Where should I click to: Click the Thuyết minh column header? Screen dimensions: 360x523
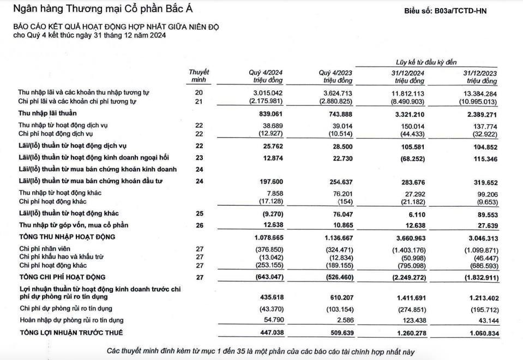[x=199, y=76]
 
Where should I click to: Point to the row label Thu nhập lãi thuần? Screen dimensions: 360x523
[x=47, y=113]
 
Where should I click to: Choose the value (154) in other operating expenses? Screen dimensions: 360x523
[x=344, y=201]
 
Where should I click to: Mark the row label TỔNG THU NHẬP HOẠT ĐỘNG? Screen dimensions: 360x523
[x=68, y=237]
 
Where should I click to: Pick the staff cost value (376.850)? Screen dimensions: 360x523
[x=268, y=249]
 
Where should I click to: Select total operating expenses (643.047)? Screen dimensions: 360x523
[x=268, y=277]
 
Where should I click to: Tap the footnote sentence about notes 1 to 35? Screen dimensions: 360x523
[x=261, y=351]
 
